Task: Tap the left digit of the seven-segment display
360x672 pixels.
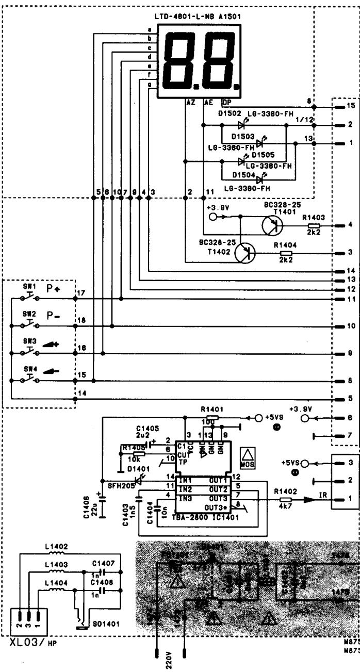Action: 178,61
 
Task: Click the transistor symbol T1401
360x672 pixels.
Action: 272,225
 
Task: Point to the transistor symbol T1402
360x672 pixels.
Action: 245,253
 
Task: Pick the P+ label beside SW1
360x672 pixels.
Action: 54,290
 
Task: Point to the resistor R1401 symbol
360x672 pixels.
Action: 212,417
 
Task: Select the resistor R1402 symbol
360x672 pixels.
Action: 285,500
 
